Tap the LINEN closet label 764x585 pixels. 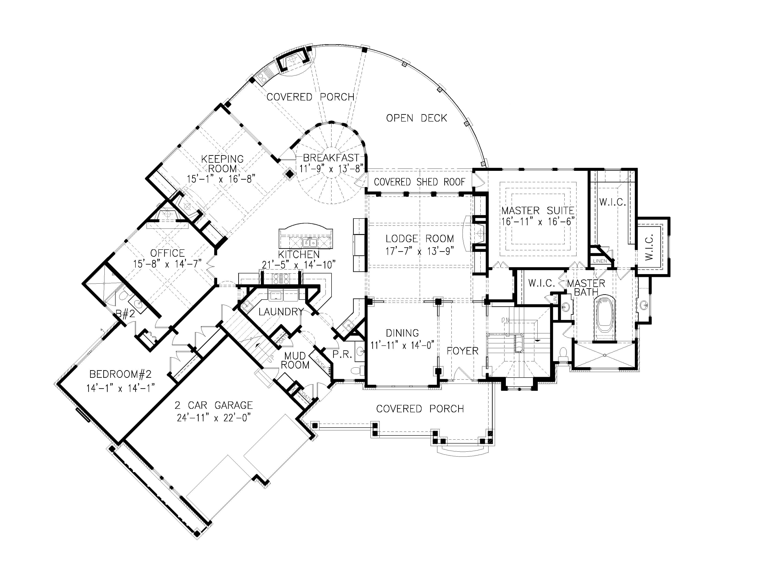600,261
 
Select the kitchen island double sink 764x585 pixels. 309,241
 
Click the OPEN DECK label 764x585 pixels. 416,118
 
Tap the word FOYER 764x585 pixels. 462,351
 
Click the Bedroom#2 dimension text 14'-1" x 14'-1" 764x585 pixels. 120,388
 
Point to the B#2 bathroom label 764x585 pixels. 125,314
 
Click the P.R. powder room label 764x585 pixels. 342,354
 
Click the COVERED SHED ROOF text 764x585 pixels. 419,182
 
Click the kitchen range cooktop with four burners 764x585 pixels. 281,278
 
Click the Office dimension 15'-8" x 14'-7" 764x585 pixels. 167,264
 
